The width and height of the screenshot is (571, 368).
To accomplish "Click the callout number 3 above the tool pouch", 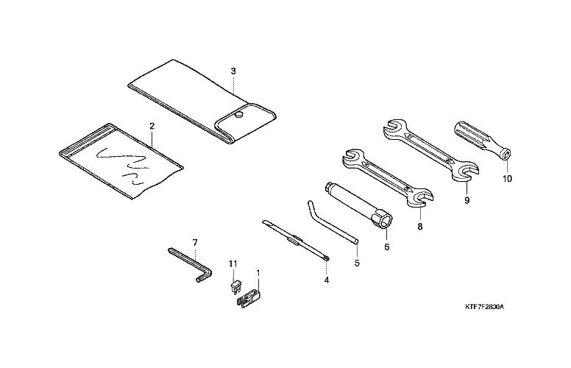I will pyautogui.click(x=233, y=71).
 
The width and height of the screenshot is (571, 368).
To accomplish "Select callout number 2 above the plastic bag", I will pyautogui.click(x=152, y=126).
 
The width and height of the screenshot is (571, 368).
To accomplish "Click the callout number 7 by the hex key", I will pyautogui.click(x=195, y=242).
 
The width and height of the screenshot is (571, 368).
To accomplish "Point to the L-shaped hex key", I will pyautogui.click(x=187, y=262).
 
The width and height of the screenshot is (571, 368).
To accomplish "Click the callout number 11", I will pyautogui.click(x=233, y=263).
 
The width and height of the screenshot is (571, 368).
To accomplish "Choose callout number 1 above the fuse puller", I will pyautogui.click(x=258, y=273).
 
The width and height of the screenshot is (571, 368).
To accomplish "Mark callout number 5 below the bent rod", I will pyautogui.click(x=357, y=263).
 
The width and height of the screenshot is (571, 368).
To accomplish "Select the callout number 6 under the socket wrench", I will pyautogui.click(x=386, y=247).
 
